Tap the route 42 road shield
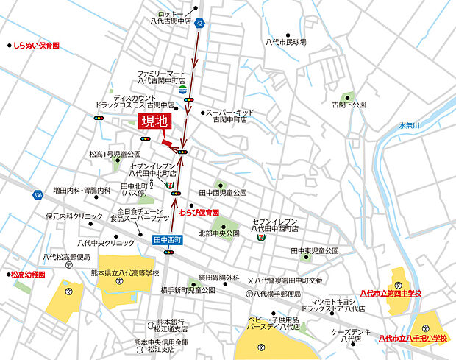click(200, 24)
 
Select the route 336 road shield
click(38, 195)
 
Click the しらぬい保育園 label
click(35, 45)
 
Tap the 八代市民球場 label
click(285, 43)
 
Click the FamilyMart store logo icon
click(182, 89)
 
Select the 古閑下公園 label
click(348, 105)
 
